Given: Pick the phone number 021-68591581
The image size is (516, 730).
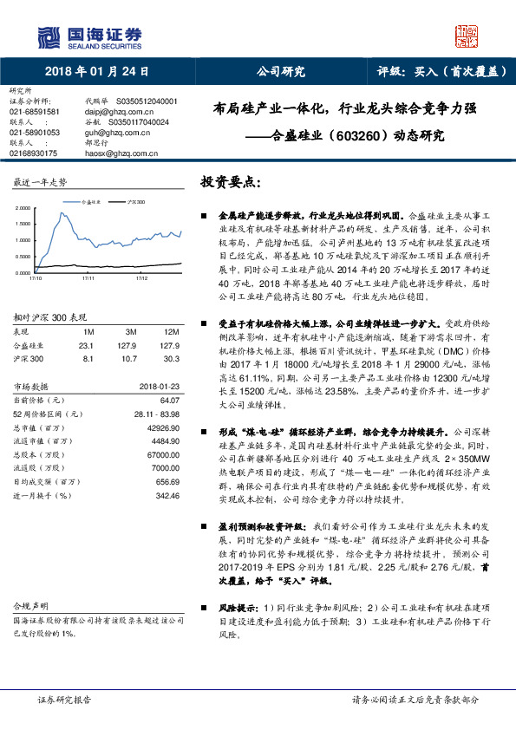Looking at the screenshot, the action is [x=35, y=112].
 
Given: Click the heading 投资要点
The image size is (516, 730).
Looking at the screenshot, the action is [x=230, y=183].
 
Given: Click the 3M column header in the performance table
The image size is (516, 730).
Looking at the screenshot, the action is [x=131, y=333].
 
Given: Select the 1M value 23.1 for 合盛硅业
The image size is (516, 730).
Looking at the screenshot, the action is [x=88, y=344].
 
